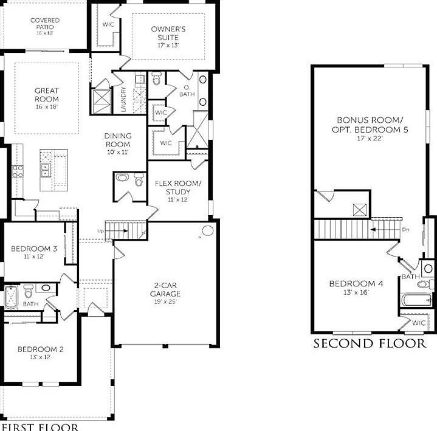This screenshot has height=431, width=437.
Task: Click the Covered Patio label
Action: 45,24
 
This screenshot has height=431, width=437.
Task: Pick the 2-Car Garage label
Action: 166,289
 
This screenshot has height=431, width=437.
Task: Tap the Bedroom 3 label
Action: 34,249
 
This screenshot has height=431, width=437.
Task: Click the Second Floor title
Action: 370,344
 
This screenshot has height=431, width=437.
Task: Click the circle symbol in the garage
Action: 207,231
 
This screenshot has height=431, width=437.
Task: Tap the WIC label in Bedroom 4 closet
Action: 418,323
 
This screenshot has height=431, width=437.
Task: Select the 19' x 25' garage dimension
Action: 166,302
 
